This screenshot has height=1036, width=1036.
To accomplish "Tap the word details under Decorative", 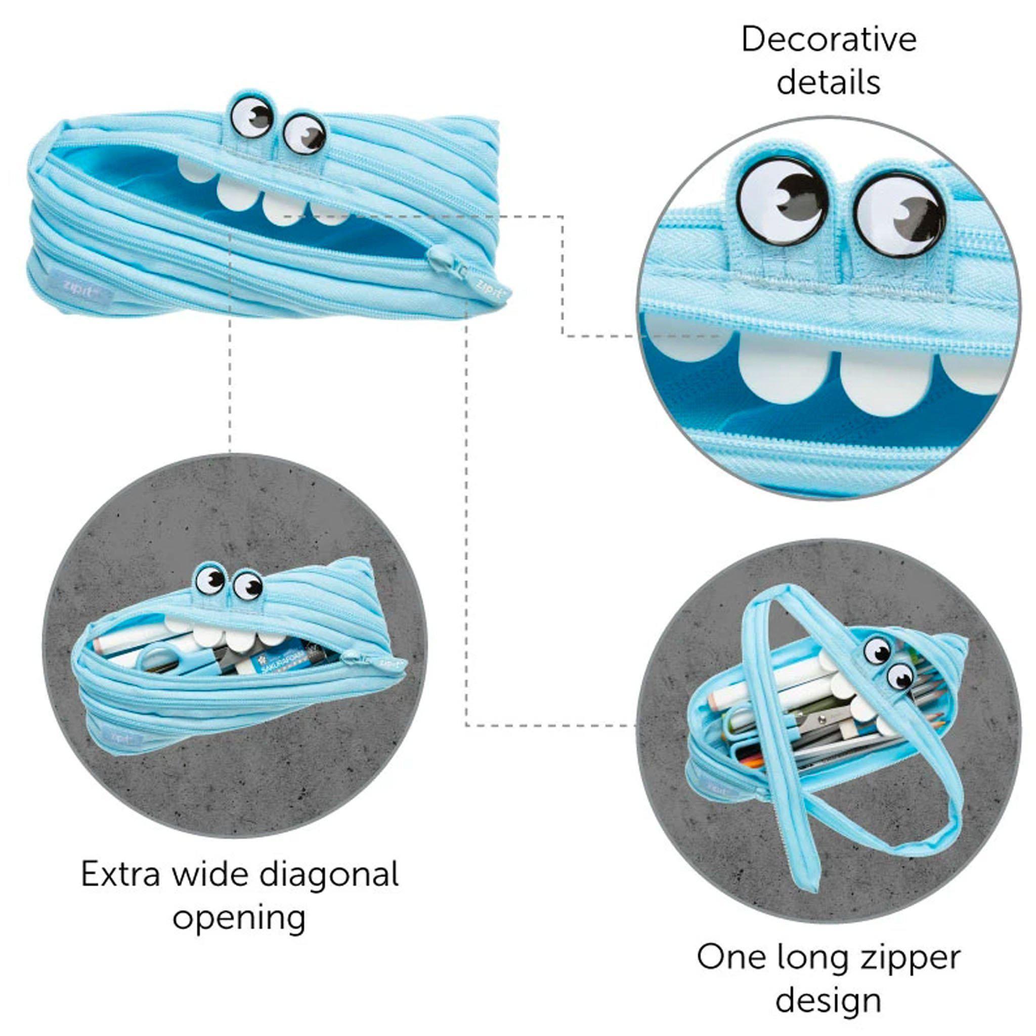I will point(829,82).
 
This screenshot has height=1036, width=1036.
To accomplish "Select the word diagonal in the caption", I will point(328,874).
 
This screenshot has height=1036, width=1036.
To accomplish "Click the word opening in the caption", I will point(239,918).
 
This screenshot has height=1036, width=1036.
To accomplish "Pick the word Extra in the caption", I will point(121,874).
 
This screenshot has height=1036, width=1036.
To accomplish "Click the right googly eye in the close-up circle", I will point(899,215).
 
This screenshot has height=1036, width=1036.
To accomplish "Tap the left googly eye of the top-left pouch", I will point(251,116).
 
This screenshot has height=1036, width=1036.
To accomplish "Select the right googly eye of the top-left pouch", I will point(304,133).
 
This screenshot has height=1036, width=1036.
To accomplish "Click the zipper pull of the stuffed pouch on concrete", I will point(354,655).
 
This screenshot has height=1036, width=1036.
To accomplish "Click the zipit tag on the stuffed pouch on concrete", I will point(126,737).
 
